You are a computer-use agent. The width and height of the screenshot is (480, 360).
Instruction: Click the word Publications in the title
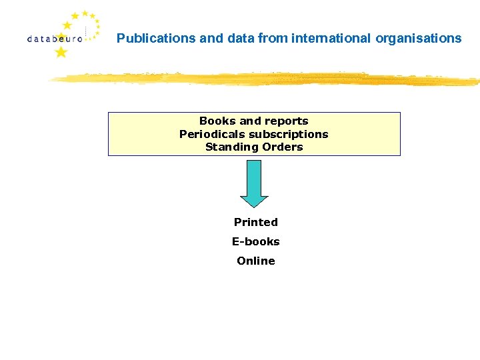(156, 39)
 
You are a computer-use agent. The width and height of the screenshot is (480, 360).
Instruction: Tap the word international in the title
(332, 39)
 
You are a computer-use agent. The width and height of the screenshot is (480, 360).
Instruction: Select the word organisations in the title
(419, 39)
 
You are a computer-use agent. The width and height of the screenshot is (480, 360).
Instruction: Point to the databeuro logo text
(55, 39)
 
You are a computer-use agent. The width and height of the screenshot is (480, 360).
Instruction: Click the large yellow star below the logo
(61, 52)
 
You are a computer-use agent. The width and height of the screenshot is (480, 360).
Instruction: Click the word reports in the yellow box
(287, 121)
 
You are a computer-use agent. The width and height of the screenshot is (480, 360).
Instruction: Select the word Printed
(255, 222)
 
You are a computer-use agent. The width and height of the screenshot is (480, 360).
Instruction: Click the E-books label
(255, 241)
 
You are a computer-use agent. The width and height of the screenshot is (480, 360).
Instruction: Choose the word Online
(255, 261)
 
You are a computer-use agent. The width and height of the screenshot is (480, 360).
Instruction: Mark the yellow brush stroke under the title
(267, 79)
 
